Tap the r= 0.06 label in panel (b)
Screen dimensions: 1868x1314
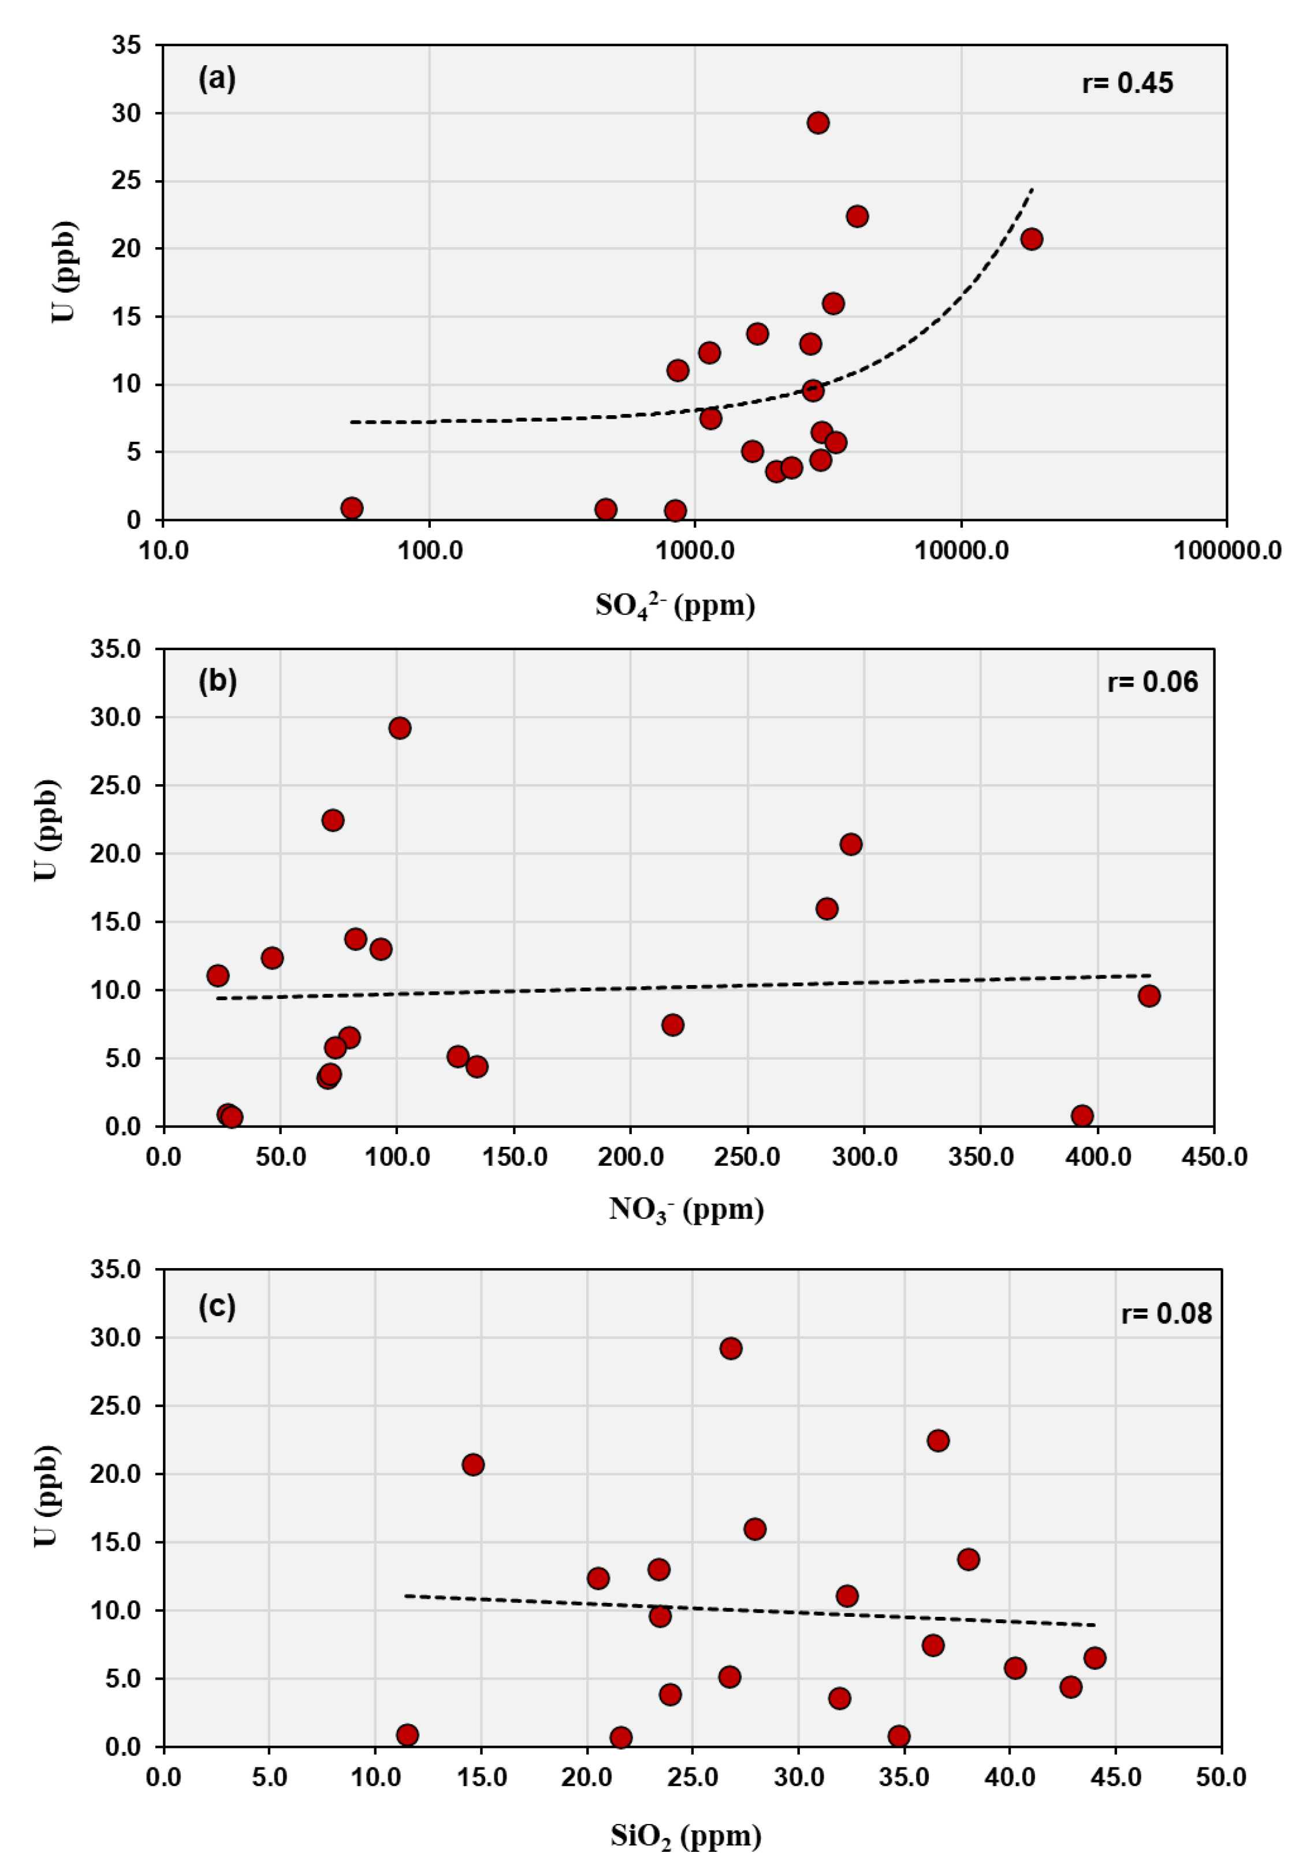1152,682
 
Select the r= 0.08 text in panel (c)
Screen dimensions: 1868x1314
1166,1313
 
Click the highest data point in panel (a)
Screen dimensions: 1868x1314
818,123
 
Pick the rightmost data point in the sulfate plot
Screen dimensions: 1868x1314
1031,238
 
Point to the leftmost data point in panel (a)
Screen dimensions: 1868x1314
352,508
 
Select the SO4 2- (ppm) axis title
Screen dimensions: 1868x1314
675,606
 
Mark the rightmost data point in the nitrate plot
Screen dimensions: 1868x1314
1148,996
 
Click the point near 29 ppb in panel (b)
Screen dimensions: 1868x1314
400,728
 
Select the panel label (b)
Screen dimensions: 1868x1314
217,680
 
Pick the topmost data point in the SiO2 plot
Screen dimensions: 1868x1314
731,1348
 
